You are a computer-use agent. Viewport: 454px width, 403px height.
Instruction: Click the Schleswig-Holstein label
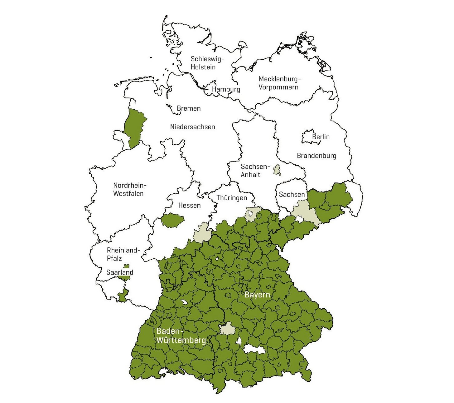pos(207,63)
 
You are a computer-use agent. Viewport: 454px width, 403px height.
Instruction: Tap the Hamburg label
pos(226,89)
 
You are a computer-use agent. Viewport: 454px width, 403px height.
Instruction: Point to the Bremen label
pos(189,108)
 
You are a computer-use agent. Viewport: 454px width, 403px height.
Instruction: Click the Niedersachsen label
pos(192,127)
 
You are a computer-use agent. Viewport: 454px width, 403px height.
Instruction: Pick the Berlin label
pos(321,137)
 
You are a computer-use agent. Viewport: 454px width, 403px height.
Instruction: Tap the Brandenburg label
pos(316,156)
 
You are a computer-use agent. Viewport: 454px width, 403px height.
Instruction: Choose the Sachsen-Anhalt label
pos(255,171)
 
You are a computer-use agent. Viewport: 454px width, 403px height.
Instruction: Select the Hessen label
pos(189,206)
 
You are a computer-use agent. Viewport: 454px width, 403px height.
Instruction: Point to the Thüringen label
pos(231,198)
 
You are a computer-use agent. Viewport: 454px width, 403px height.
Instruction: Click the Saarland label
pos(120,272)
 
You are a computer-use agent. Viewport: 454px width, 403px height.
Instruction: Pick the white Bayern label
pos(257,295)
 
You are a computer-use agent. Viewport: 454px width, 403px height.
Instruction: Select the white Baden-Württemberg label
pos(181,336)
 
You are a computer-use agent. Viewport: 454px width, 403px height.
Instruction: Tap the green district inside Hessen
pos(172,220)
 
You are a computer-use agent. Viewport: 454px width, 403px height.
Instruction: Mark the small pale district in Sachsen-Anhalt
pos(276,170)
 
